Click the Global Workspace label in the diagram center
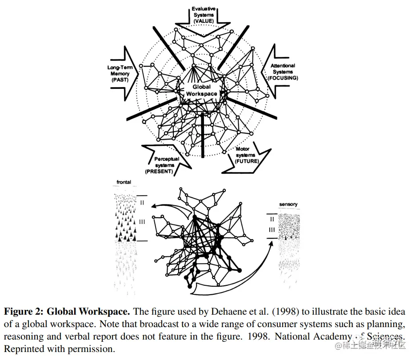(201, 90)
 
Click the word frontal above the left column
(124, 182)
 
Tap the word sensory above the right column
(288, 204)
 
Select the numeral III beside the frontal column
(142, 221)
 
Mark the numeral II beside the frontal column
(142, 202)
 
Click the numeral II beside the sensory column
(272, 219)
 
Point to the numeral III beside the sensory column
(272, 229)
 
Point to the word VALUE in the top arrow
(204, 20)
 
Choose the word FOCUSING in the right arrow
(283, 78)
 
